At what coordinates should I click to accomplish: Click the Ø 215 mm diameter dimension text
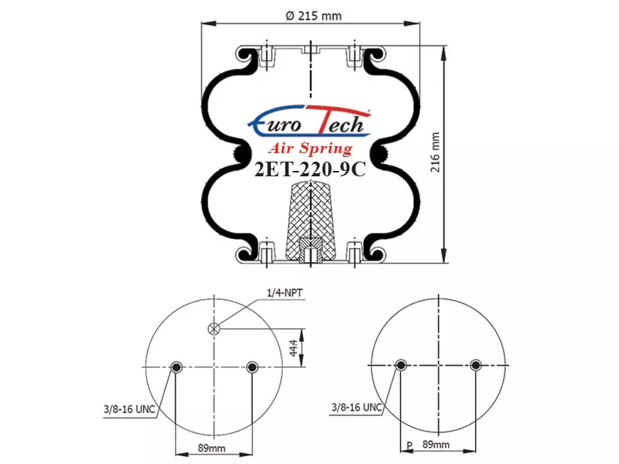coord(313,16)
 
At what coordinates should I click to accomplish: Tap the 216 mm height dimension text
coord(435,152)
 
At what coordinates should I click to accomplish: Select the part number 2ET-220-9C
coord(310,170)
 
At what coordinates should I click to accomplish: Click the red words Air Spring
coord(310,148)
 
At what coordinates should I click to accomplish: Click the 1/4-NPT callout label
coord(285,293)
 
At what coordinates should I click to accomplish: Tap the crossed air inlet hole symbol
coord(214,329)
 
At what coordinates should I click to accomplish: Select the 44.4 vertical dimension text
coord(294,347)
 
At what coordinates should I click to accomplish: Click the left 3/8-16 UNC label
coord(129,409)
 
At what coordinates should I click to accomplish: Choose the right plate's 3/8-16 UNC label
coord(357,408)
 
